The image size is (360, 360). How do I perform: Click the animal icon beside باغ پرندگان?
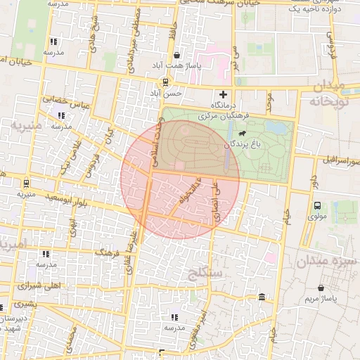coord(243,134)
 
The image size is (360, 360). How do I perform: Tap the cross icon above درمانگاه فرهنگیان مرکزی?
coord(224,94)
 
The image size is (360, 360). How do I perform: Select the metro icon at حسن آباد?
coord(165,82)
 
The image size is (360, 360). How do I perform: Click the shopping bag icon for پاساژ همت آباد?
coord(176,55)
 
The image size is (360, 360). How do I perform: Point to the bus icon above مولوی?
coord(317,206)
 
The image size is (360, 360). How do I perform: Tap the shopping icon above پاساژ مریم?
coord(321,288)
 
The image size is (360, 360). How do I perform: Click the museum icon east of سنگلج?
coord(262,297)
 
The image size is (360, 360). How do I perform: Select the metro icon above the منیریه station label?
coord(26,183)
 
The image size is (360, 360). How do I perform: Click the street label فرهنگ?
coord(109,251)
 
